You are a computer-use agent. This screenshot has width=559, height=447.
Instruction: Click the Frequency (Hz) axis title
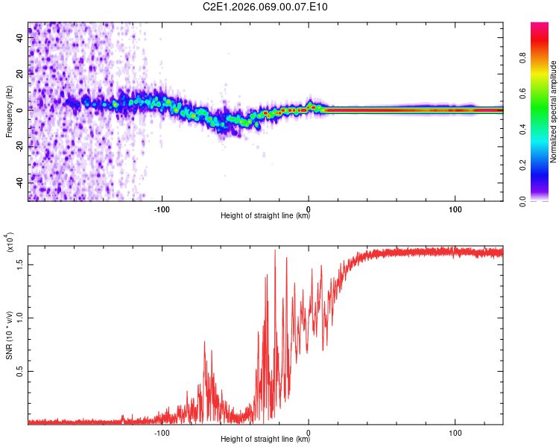(9, 112)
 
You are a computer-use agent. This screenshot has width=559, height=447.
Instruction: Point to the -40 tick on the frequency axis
(20, 182)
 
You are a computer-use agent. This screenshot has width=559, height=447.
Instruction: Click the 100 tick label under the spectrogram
(455, 208)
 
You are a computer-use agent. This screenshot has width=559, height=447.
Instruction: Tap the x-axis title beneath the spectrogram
(265, 216)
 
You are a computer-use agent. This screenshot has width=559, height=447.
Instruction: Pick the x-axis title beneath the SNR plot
(265, 440)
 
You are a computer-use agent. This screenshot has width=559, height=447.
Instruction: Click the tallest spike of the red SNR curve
(275, 251)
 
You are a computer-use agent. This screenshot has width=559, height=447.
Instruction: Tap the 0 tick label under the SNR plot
(309, 431)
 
